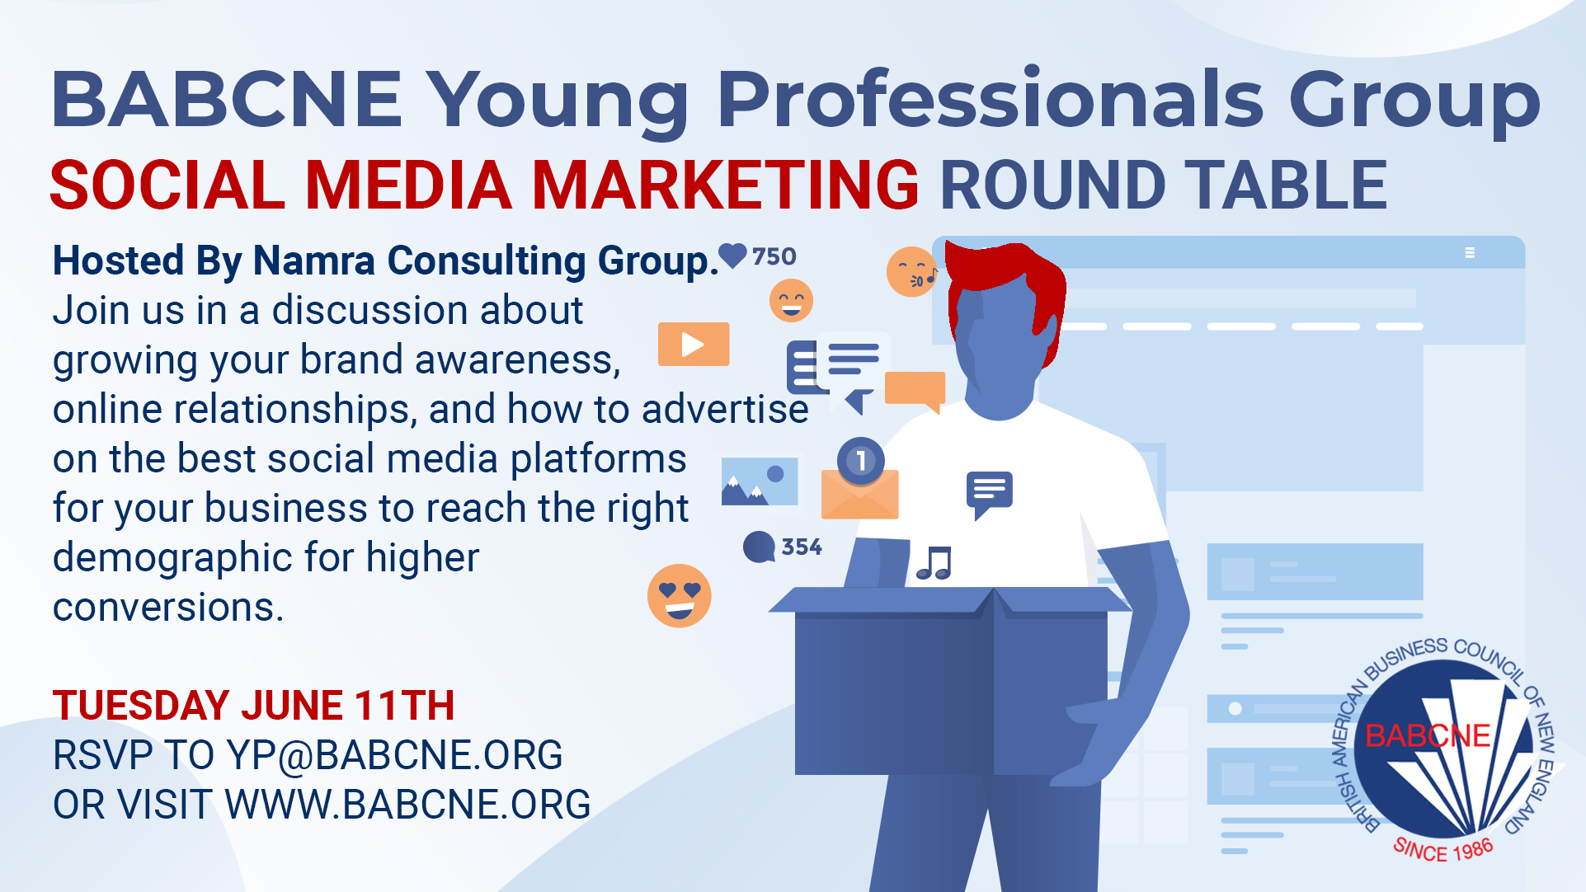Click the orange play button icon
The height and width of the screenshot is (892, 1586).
694,344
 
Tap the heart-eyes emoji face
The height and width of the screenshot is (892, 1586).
680,595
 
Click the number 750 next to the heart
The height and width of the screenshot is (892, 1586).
774,256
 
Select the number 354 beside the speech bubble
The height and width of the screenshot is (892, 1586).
802,547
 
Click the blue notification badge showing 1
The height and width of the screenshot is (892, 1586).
861,460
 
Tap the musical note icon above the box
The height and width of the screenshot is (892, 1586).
934,564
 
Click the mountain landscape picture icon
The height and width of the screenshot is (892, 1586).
760,481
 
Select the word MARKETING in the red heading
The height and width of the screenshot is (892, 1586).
726,185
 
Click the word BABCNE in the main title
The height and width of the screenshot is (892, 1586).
227,99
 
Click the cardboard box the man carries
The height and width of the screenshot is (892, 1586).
948,681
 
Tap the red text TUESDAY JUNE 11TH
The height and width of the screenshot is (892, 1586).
254,706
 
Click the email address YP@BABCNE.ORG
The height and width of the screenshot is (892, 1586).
395,755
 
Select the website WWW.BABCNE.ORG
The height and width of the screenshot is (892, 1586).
408,805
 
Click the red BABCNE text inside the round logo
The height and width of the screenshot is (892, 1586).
1428,735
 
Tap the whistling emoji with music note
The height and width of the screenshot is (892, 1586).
911,271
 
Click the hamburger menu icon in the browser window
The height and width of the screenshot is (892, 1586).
1470,253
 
